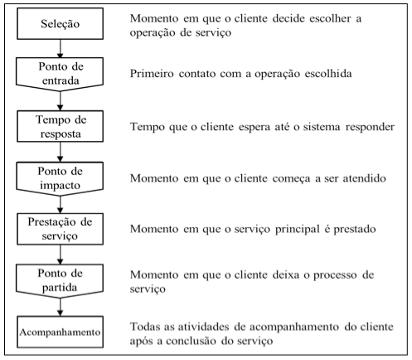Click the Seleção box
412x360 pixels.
(x=60, y=23)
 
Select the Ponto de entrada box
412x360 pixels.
(x=60, y=74)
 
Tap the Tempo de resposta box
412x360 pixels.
(x=60, y=126)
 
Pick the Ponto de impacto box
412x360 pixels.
(x=60, y=178)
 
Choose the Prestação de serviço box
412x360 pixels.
(x=60, y=229)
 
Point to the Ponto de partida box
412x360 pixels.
(x=60, y=281)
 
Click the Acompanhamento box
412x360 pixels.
(x=60, y=332)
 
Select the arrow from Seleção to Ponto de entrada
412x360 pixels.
(x=60, y=48)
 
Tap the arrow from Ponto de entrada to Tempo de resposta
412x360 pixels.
(x=60, y=101)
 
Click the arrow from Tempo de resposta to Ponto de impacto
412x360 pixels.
(x=60, y=152)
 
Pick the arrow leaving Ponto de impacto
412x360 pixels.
(x=60, y=205)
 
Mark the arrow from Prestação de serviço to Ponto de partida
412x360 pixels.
(x=60, y=255)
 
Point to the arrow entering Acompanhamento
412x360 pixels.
(x=60, y=307)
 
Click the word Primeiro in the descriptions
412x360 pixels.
(x=152, y=74)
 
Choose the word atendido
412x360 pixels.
(x=364, y=178)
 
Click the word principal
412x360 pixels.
(x=298, y=230)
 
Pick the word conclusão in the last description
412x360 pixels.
(x=191, y=341)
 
